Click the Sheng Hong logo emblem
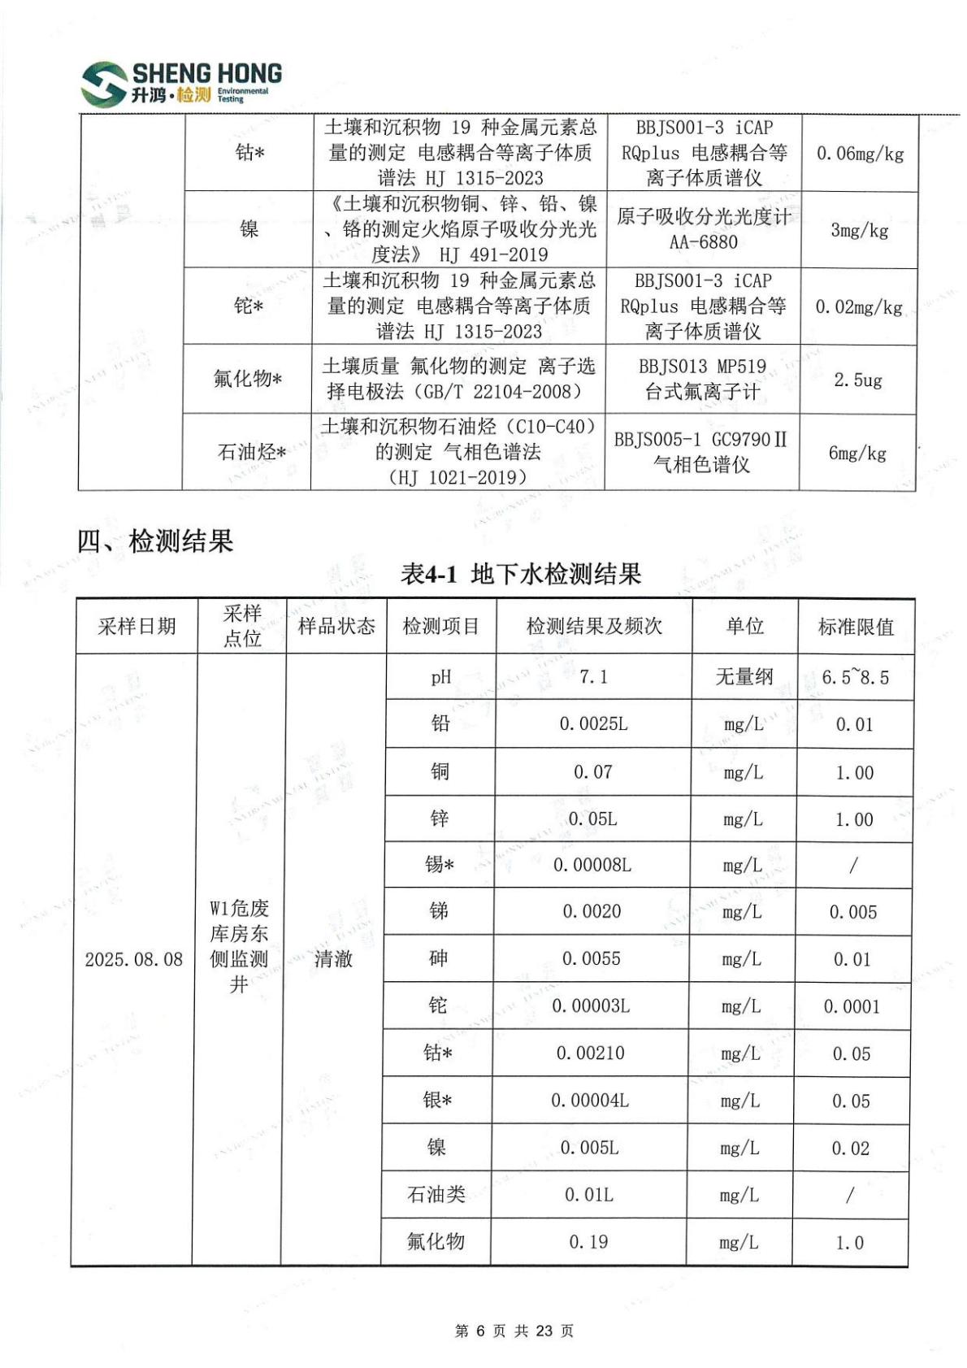(104, 84)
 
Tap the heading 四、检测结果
(155, 541)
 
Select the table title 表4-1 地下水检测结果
(521, 574)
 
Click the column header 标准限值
(856, 627)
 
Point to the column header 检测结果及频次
(594, 626)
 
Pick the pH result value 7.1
(593, 677)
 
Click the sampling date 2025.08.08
(134, 959)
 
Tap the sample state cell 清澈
(333, 959)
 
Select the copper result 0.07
(592, 771)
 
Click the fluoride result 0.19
(588, 1241)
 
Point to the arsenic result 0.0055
(591, 958)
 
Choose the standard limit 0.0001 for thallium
(852, 1006)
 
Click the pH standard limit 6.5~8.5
(855, 677)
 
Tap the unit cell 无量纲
(744, 676)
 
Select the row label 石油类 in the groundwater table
(436, 1194)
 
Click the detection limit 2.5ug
(858, 380)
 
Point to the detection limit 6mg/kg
(857, 453)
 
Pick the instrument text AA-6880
(704, 241)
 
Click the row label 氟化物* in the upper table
(248, 379)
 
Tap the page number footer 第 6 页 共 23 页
(514, 1331)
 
